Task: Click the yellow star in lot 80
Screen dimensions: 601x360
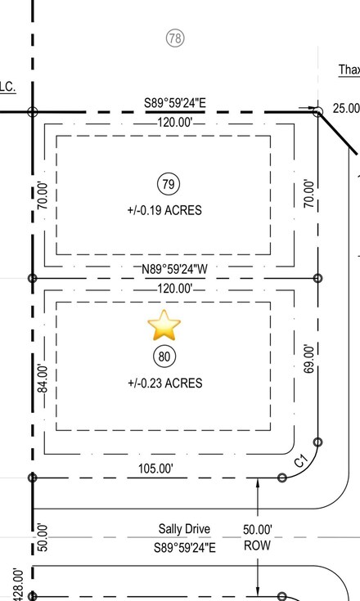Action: click(164, 325)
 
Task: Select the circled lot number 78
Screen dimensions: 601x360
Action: click(173, 38)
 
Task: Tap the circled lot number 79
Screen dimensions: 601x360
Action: click(169, 184)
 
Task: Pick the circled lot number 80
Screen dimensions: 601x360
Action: click(164, 357)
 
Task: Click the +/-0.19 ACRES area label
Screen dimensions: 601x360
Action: click(164, 210)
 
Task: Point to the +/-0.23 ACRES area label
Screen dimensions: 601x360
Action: click(164, 383)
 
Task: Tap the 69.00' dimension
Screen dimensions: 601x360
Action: click(308, 359)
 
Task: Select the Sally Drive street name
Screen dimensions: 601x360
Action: click(185, 530)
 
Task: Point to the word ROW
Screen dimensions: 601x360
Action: click(258, 545)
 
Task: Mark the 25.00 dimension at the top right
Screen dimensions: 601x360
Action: click(345, 108)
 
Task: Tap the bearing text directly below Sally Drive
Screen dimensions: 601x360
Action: click(185, 547)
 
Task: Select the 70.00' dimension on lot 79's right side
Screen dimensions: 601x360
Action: click(308, 194)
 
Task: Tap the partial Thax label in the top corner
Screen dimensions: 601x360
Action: click(349, 70)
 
